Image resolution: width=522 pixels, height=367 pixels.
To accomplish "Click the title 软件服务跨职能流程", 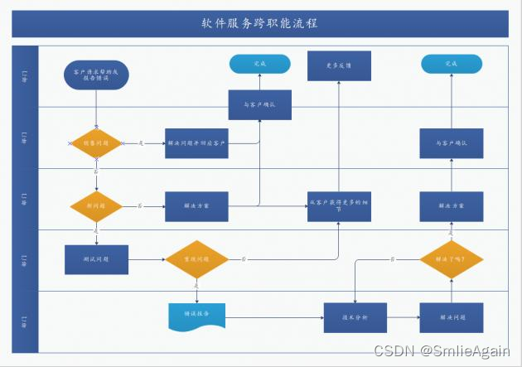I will (259, 23).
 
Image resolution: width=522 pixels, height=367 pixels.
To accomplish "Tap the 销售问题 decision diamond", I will (96, 143).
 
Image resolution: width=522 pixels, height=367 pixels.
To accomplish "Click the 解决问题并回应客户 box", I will (196, 143).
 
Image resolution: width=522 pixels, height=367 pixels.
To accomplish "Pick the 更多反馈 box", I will (338, 65).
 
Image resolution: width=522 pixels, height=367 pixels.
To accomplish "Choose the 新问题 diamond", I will (96, 205).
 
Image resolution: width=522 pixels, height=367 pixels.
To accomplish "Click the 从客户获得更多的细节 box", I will (338, 206).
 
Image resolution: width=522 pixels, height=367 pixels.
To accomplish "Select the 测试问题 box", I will (96, 259).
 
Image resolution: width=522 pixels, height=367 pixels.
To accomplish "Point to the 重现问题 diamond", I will (196, 259).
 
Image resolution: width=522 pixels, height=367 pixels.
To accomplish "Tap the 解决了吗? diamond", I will (452, 259).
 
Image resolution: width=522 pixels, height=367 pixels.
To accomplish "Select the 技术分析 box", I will (355, 317).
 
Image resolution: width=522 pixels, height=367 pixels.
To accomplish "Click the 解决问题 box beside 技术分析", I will (452, 317).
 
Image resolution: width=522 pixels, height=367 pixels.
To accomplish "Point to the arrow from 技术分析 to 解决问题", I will (404, 317).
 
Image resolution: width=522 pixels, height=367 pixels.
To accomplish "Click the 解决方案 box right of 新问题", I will (196, 205).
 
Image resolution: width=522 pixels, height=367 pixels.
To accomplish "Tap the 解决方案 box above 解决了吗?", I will (452, 205).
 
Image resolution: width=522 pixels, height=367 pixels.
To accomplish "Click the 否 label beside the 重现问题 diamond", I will (244, 259).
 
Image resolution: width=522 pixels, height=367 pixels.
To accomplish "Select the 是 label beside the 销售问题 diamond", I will (141, 143).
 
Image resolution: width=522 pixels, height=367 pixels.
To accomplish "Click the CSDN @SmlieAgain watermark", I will (442, 351).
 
